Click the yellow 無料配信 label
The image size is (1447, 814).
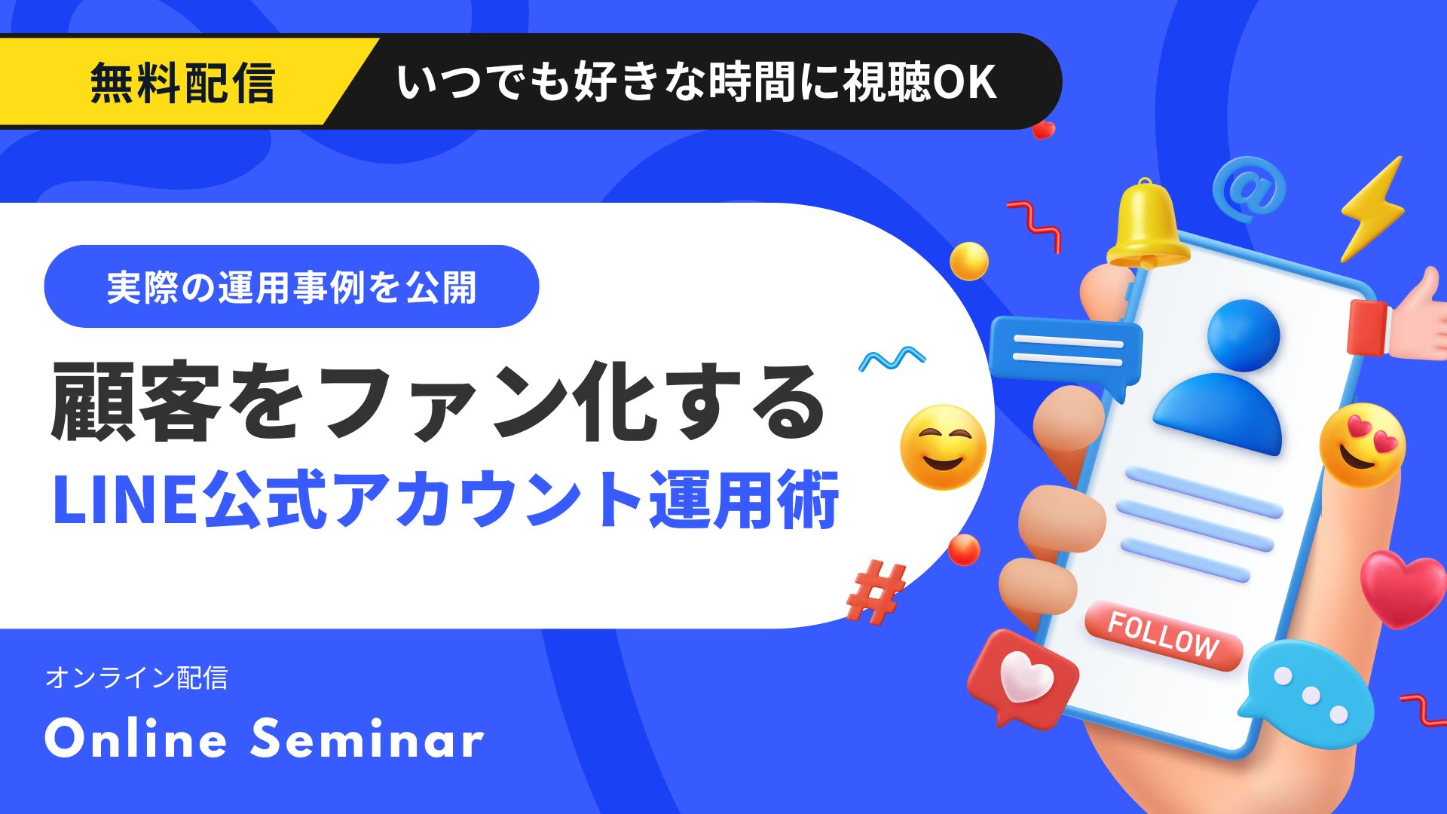[182, 83]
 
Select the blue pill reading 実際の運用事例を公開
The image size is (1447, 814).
[292, 286]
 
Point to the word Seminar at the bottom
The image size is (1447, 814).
[367, 739]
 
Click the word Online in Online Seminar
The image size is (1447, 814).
[136, 739]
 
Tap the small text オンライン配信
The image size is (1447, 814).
[136, 678]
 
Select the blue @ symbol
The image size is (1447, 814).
[1249, 188]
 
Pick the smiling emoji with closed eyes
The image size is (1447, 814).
[943, 447]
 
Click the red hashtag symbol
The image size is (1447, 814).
[876, 592]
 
